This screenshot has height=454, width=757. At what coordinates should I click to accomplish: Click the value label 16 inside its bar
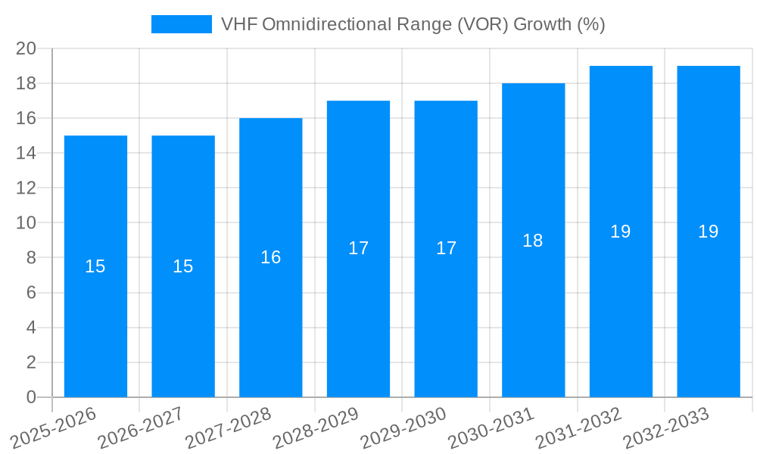coord(271,257)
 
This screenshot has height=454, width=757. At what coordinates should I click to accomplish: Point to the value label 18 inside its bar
coord(533,241)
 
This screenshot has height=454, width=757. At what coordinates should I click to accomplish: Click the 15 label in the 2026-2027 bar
coord(183,266)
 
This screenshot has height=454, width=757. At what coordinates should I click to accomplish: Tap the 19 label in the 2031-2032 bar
coord(620,232)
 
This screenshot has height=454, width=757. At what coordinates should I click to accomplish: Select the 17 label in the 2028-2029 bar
coord(358,248)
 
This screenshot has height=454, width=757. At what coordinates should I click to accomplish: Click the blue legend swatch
coord(182,24)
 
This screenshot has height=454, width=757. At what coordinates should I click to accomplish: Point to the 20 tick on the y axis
coord(26,48)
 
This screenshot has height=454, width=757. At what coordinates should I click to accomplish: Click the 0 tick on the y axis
coord(31,397)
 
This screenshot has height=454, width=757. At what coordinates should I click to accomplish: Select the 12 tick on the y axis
coord(26,188)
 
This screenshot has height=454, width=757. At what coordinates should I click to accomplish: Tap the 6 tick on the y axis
coord(31,293)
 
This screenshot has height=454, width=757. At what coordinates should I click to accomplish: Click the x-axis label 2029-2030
coord(403,428)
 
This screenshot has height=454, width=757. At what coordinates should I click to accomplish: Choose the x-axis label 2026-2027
coord(141,428)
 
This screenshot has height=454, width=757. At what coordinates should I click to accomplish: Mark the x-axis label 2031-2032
coord(578,428)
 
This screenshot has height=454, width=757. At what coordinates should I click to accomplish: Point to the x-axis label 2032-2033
coord(666,428)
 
